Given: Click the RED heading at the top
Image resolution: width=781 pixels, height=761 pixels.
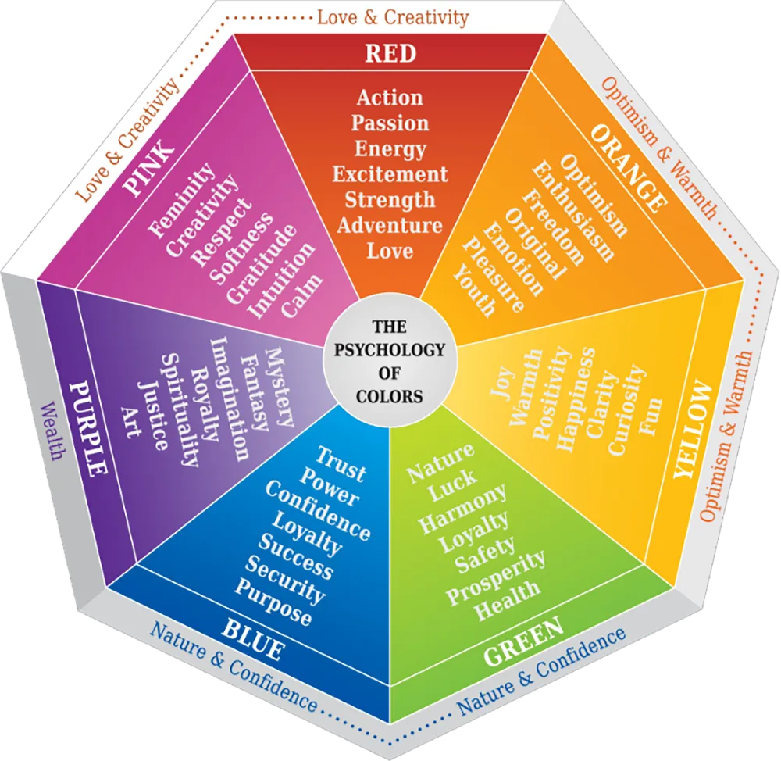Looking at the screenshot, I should [x=390, y=53].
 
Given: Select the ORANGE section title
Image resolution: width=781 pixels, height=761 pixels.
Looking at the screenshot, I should [x=629, y=166].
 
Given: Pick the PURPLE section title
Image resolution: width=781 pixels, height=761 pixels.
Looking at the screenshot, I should [x=87, y=428].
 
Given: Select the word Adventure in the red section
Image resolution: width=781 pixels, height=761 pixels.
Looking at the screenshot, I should [x=390, y=225].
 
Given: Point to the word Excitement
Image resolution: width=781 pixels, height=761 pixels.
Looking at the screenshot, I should [x=390, y=173].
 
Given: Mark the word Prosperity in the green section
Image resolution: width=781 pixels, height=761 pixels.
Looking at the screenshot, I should [x=495, y=576].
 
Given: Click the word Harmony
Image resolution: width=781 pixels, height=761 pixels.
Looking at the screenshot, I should [x=463, y=510].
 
